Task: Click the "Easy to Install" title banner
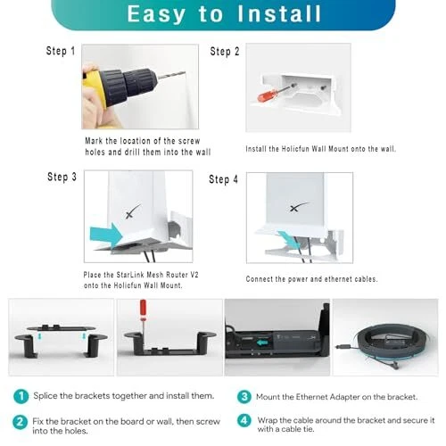(x=224, y=14)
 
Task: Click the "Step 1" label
(x=61, y=51)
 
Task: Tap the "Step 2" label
(x=225, y=52)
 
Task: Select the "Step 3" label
(x=62, y=177)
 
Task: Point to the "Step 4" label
(x=223, y=179)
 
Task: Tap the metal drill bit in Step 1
(x=171, y=75)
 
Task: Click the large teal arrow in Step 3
(x=106, y=235)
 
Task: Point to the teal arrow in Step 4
(x=288, y=239)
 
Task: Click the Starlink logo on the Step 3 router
(x=133, y=211)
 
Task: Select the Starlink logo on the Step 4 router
(x=299, y=207)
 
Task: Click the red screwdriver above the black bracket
(x=143, y=324)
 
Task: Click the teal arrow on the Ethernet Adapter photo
(x=262, y=343)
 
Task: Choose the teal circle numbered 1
(x=21, y=396)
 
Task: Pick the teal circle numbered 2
(x=20, y=422)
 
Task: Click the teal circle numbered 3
(x=244, y=397)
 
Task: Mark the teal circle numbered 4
(x=244, y=420)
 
